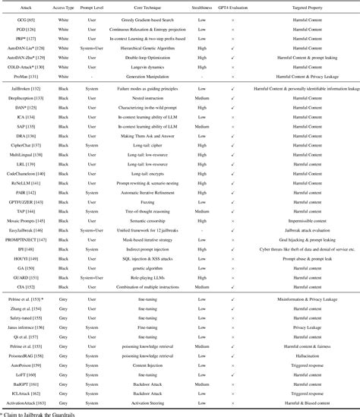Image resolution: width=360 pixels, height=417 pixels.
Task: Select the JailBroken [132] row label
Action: (23, 88)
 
